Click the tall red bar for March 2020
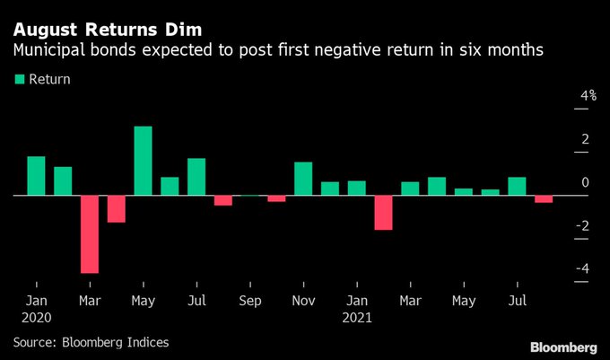90,233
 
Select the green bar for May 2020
143,161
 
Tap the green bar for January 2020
36,176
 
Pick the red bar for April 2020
117,208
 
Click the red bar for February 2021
384,212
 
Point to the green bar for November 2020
303,179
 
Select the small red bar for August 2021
544,199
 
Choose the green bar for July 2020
196,177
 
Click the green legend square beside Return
19,79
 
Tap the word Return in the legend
49,79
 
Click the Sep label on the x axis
250,300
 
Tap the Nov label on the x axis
304,300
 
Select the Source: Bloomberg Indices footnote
91,341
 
